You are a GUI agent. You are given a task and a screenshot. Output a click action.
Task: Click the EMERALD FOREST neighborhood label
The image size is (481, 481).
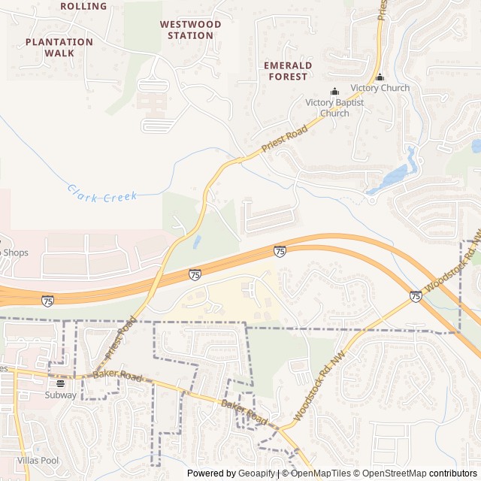click(x=287, y=71)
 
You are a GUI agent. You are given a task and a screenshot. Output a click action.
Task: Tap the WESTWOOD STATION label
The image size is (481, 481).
click(x=190, y=30)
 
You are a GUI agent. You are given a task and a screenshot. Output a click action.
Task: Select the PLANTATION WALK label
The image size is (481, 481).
click(x=59, y=47)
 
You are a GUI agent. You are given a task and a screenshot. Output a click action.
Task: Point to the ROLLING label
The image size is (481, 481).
click(x=83, y=6)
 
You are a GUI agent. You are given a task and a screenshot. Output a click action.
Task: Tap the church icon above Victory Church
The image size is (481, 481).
click(x=380, y=77)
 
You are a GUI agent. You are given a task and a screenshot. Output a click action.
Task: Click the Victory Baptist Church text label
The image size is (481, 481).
click(x=334, y=107)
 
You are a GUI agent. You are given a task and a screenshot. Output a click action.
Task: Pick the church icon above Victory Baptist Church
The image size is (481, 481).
click(x=334, y=92)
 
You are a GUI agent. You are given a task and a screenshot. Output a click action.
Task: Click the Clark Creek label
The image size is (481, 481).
click(x=102, y=192)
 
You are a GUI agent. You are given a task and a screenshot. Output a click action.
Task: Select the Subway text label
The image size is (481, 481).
click(x=60, y=395)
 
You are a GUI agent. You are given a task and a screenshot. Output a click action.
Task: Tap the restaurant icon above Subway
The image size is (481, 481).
click(x=60, y=383)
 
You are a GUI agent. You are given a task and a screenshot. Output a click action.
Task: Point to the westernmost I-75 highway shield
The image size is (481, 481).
click(x=48, y=301)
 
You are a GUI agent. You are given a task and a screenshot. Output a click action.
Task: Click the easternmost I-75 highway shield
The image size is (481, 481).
click(x=416, y=296)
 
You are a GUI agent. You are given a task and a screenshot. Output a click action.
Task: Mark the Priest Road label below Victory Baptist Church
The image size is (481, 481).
click(x=285, y=141)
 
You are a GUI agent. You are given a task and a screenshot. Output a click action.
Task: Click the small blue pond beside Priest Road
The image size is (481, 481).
click(x=197, y=242)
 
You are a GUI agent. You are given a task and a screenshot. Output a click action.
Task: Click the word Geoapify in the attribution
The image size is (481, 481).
click(x=256, y=473)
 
